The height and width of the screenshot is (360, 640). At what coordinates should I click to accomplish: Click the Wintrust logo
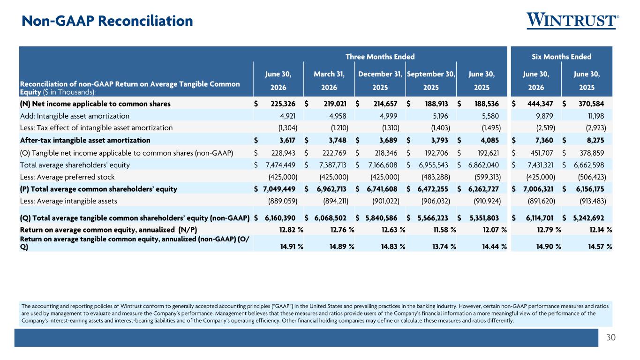pos(572,21)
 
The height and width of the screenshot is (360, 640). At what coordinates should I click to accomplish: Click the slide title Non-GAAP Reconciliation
pos(107,21)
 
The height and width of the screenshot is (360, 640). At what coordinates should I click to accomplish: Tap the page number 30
pos(611,337)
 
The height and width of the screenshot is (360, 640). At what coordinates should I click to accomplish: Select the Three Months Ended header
pos(380,57)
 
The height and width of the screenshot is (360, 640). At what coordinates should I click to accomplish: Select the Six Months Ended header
pos(561,57)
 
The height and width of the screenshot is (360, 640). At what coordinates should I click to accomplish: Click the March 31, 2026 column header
pos(329,81)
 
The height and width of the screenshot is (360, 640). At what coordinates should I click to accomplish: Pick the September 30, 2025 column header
pos(431,81)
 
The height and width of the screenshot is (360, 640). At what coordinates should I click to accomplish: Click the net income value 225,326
pos(283,104)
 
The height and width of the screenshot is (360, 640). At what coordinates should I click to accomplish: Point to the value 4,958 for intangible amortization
pos(338,116)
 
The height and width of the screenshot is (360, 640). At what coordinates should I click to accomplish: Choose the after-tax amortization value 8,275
pos(595,140)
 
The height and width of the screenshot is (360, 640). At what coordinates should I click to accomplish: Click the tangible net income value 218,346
pos(386,153)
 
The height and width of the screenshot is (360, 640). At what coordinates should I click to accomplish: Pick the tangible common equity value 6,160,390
pos(280,218)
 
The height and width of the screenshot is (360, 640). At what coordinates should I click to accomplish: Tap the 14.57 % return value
pos(600,246)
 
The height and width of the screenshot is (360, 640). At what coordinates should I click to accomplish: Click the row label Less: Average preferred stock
pos(67,177)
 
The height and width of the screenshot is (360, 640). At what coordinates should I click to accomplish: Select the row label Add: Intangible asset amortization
pos(75,116)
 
